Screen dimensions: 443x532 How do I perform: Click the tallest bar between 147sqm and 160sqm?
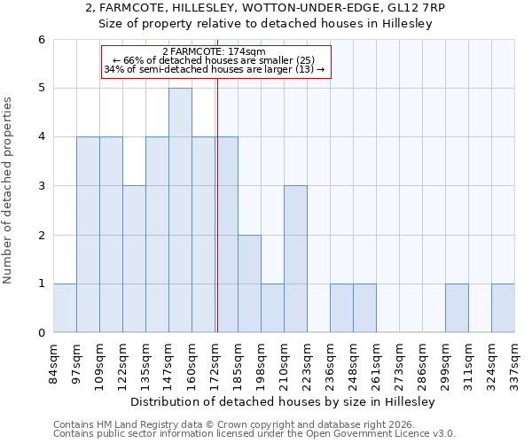click(180, 210)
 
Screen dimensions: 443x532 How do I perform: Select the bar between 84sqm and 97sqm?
click(65, 307)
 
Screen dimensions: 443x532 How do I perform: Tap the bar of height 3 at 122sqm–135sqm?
click(134, 259)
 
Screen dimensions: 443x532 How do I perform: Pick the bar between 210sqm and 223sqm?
click(295, 259)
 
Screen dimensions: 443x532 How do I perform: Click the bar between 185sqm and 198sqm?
click(249, 284)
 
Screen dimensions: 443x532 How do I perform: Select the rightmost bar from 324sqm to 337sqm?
click(503, 307)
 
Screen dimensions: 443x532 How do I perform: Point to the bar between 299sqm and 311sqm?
click(457, 307)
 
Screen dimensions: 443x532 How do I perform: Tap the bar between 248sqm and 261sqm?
click(364, 307)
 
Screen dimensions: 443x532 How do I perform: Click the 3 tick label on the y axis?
click(41, 186)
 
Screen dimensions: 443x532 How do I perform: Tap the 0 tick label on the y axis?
click(41, 333)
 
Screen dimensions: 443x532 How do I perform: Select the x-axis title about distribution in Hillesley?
click(284, 402)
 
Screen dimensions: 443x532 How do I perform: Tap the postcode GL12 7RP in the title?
click(418, 7)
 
